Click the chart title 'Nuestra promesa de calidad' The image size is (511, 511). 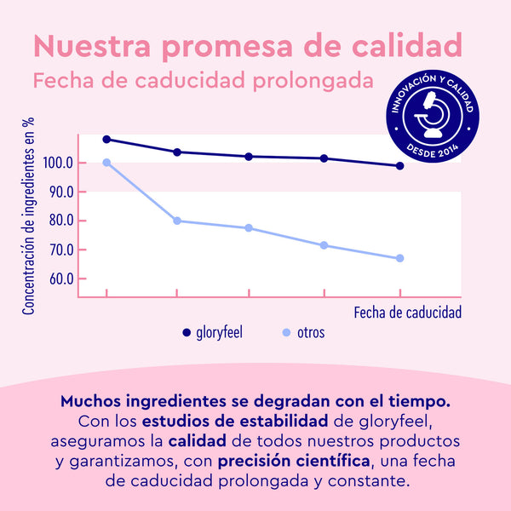(x=249, y=45)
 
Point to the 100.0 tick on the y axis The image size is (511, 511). (x=63, y=163)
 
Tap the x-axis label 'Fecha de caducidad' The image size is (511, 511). (x=407, y=312)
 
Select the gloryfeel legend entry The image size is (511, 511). (x=212, y=332)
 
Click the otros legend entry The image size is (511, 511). (x=303, y=332)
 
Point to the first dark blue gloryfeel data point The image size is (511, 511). (x=106, y=139)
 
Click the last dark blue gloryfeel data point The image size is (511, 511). (x=399, y=166)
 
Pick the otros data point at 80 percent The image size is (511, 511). (x=177, y=221)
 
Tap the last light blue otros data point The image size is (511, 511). (x=399, y=258)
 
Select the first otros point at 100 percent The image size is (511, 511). (x=106, y=163)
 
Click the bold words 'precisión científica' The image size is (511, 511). (x=295, y=462)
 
